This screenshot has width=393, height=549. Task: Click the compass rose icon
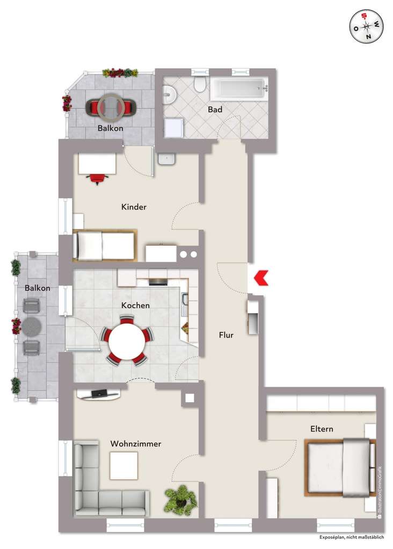367,27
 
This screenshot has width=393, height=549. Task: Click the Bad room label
216,109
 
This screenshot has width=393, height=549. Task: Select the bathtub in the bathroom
238,88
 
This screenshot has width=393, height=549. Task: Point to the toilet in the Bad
200,85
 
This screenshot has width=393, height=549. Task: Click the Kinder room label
134,207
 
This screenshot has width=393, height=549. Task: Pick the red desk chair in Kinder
97,179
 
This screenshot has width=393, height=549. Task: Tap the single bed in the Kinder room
105,246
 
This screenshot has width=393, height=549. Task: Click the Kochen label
135,305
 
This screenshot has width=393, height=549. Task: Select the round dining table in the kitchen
127,342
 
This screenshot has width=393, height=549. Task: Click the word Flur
226,335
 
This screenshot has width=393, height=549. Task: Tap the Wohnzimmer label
136,444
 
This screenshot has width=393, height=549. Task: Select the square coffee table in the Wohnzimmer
124,465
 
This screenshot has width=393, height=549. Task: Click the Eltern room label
322,429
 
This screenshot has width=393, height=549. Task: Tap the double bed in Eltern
339,466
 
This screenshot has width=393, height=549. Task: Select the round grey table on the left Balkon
32,325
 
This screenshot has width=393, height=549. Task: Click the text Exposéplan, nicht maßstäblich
351,537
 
